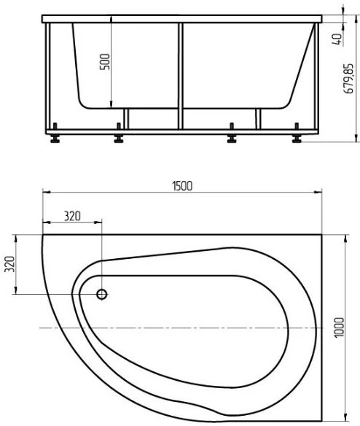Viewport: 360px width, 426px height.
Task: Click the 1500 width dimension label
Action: click(x=182, y=186)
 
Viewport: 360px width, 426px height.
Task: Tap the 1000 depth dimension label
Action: click(x=340, y=328)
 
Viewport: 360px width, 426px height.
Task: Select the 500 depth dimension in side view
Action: click(x=105, y=62)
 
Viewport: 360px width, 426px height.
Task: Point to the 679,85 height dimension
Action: click(x=348, y=79)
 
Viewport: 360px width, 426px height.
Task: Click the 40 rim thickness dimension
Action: click(x=337, y=39)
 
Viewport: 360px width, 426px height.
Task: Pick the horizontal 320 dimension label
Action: click(x=72, y=216)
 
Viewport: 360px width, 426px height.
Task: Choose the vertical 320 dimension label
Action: click(x=9, y=264)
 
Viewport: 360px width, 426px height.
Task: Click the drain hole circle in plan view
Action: click(x=102, y=294)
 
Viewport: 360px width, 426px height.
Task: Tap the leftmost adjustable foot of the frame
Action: click(x=55, y=133)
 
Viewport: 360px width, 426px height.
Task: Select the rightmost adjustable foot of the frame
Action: click(x=297, y=133)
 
